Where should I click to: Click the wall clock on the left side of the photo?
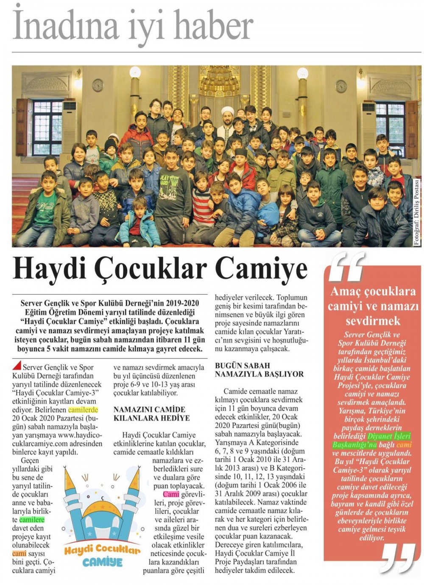tap(98, 85)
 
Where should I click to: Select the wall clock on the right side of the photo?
tap(341, 86)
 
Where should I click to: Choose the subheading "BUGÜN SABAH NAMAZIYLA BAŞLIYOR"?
tap(259, 369)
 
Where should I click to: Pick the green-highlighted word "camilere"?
tap(31, 520)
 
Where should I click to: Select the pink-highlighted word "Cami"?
tap(171, 495)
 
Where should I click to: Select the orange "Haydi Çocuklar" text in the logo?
tap(102, 551)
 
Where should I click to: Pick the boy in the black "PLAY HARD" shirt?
tap(172, 174)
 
